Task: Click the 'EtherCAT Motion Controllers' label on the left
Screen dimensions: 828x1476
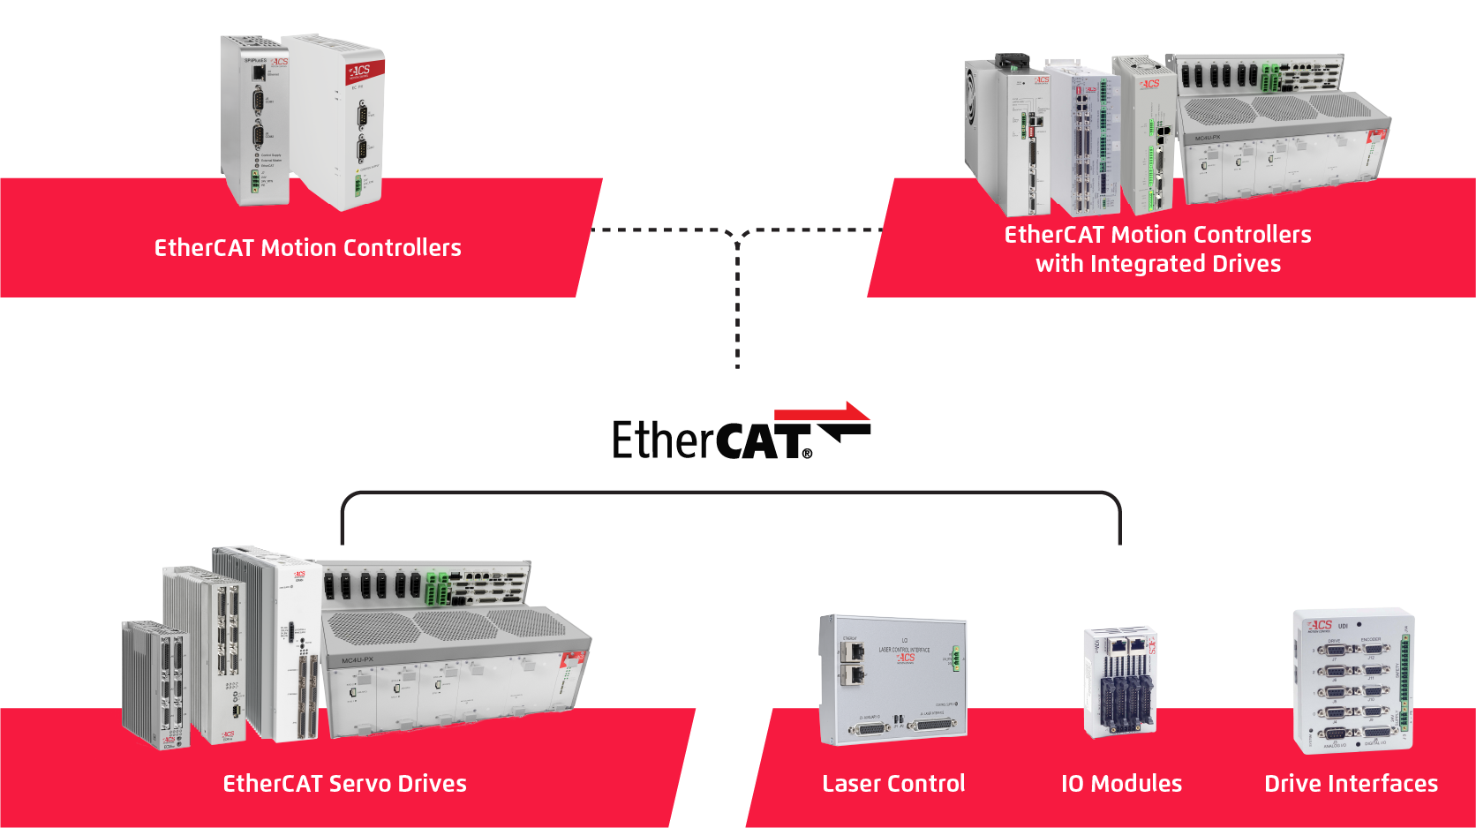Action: [307, 248]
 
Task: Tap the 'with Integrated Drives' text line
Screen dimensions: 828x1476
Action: [1157, 264]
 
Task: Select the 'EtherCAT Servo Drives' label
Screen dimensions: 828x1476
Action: [344, 784]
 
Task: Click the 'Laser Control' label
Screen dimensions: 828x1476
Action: [893, 784]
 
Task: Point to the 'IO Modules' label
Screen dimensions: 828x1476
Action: [1121, 784]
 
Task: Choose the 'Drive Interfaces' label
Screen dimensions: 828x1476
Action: [1351, 784]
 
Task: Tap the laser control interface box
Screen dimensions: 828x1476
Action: [892, 680]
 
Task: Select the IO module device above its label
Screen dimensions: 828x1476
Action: [1120, 682]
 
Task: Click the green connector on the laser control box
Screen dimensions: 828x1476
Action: [955, 657]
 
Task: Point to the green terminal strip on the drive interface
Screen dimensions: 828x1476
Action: [1404, 680]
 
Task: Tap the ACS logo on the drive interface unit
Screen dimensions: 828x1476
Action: [1321, 625]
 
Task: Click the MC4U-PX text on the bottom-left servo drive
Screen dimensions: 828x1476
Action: [358, 660]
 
